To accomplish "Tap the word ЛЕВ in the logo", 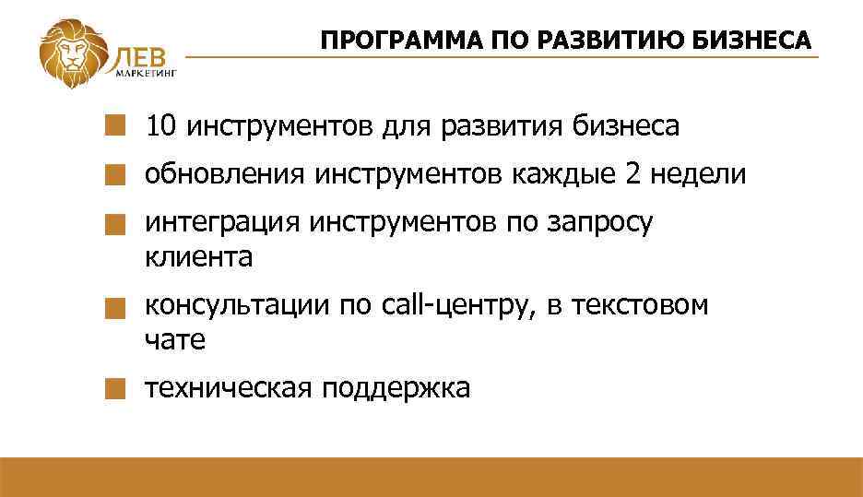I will (139, 56).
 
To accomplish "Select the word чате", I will (174, 339).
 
